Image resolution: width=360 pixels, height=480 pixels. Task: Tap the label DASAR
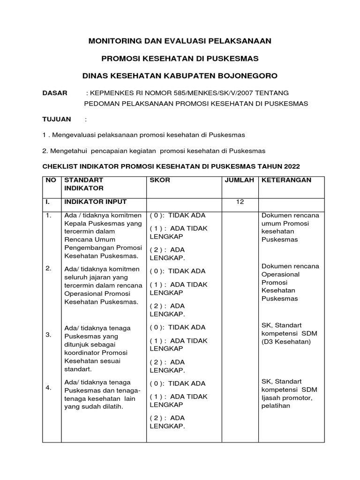(x=55, y=93)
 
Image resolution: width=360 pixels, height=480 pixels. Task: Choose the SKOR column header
(x=160, y=180)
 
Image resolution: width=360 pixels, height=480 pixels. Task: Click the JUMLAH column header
(x=240, y=180)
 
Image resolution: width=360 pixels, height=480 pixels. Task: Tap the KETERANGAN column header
(x=286, y=180)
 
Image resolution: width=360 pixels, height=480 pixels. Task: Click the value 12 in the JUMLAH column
(x=240, y=202)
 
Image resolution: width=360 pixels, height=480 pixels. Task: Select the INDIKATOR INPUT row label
(x=95, y=202)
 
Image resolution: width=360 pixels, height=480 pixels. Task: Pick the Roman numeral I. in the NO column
(x=47, y=202)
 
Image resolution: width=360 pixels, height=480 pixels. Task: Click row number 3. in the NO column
(x=48, y=335)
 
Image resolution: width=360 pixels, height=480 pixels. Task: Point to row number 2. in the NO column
(x=48, y=268)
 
